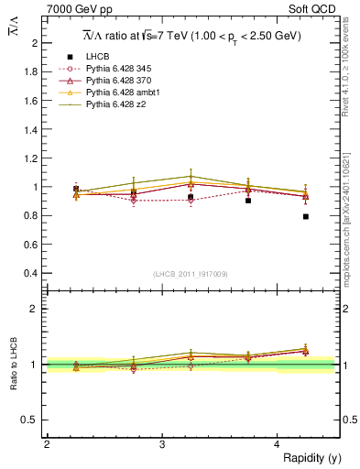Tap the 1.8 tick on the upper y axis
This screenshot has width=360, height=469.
pos(31,71)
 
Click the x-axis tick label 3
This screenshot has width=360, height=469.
pos(162,444)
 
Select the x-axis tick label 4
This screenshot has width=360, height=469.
pos(278,444)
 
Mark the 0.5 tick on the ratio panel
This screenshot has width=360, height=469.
pos(31,420)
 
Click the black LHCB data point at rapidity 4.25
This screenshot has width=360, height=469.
pos(306,216)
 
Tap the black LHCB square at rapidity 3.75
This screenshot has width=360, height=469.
pos(248,201)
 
